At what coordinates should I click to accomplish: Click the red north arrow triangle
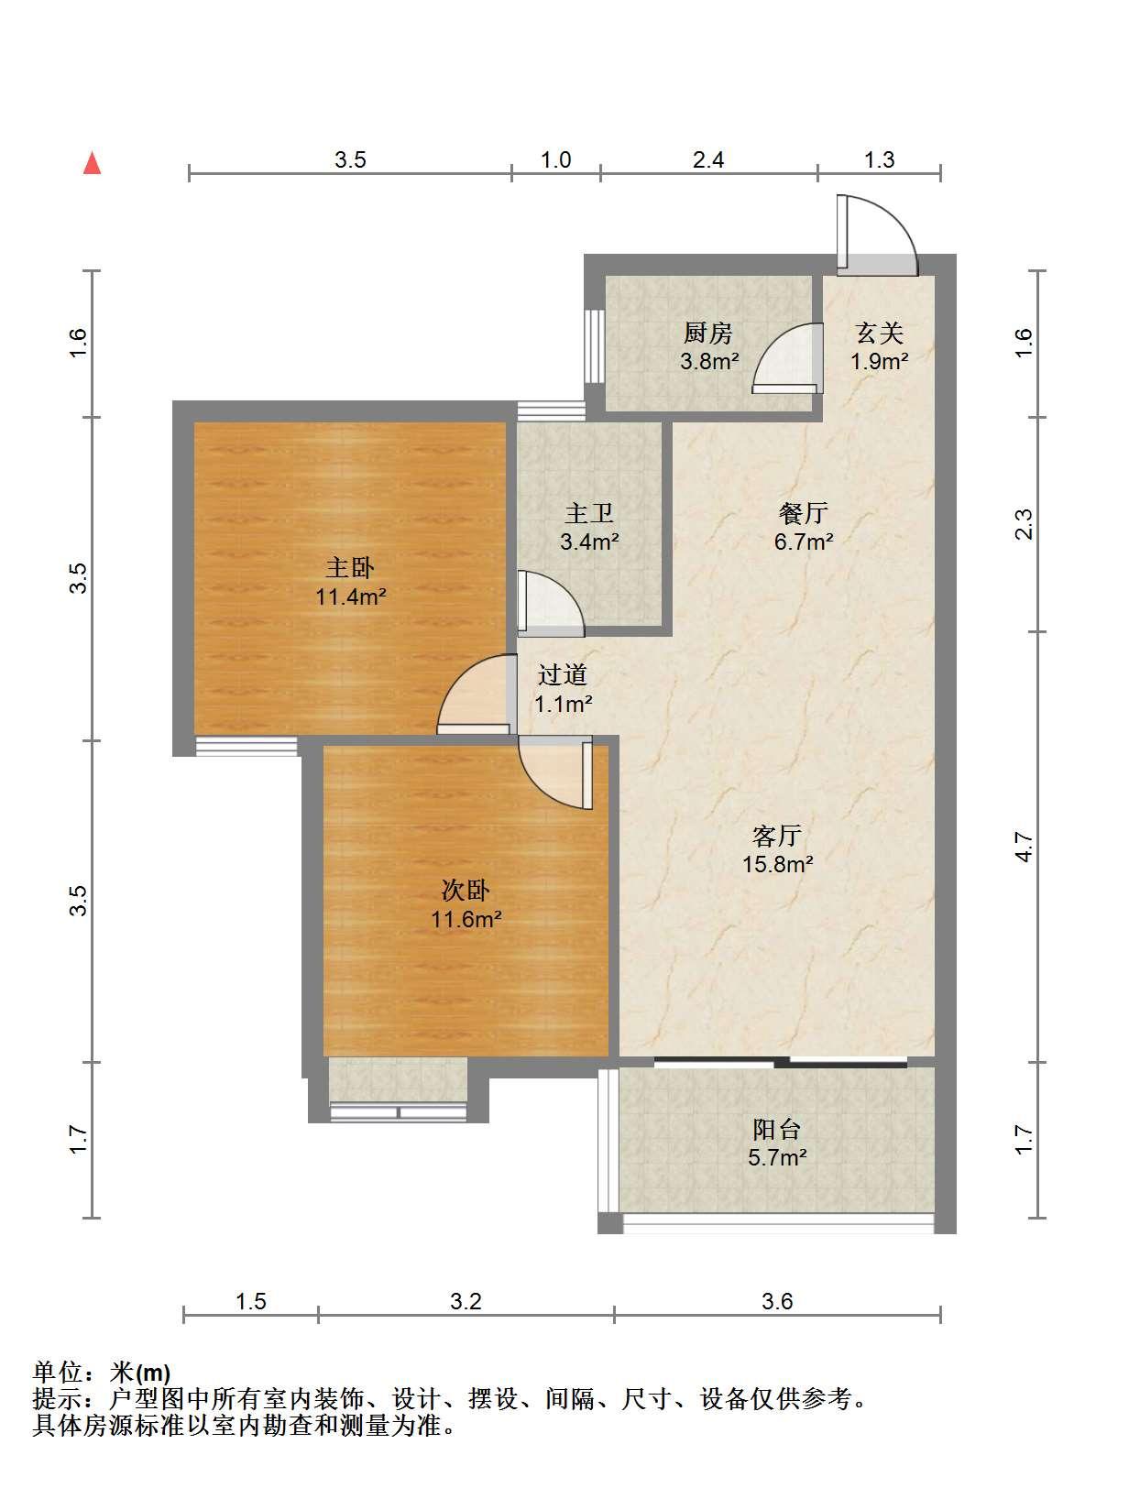point(93,163)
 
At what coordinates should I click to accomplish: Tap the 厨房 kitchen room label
point(708,333)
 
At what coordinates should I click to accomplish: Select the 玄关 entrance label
point(879,333)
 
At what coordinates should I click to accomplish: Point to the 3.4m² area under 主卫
point(589,542)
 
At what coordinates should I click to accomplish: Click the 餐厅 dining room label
point(804,513)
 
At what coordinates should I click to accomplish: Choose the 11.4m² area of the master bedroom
point(351,596)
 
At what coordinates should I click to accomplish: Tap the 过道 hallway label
point(562,674)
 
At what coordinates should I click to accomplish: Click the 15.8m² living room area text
point(778,864)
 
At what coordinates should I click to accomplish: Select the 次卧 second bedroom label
point(466,890)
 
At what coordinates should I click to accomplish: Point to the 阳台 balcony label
point(777,1129)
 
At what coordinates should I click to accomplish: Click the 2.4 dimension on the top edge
point(708,160)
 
